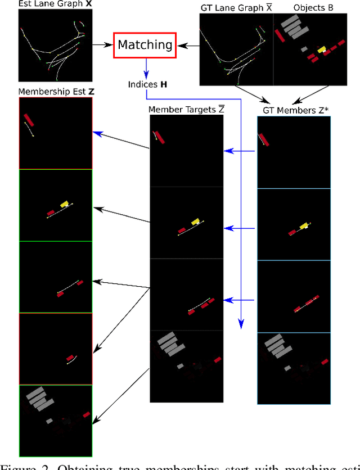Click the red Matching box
[x=146, y=44]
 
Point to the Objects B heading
[x=309, y=8]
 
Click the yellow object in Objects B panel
[x=322, y=50]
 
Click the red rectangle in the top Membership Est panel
[x=29, y=120]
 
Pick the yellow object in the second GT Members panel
[x=304, y=226]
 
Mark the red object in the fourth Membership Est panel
[x=70, y=358]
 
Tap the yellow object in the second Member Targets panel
[x=195, y=222]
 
